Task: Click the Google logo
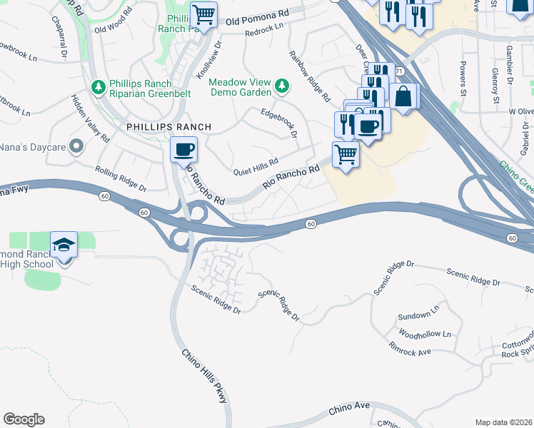point(24,419)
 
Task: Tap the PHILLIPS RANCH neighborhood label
point(168,127)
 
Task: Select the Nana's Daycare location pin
point(77,147)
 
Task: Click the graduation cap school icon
point(64,244)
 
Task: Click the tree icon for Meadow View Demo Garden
point(282,86)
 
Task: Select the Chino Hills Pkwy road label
point(203,376)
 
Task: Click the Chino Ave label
point(350,409)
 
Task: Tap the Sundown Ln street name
point(418,315)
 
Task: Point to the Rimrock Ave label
point(410,352)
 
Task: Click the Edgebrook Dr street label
point(278,122)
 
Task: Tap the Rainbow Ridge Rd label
point(310,75)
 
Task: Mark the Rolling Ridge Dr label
point(121,179)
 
